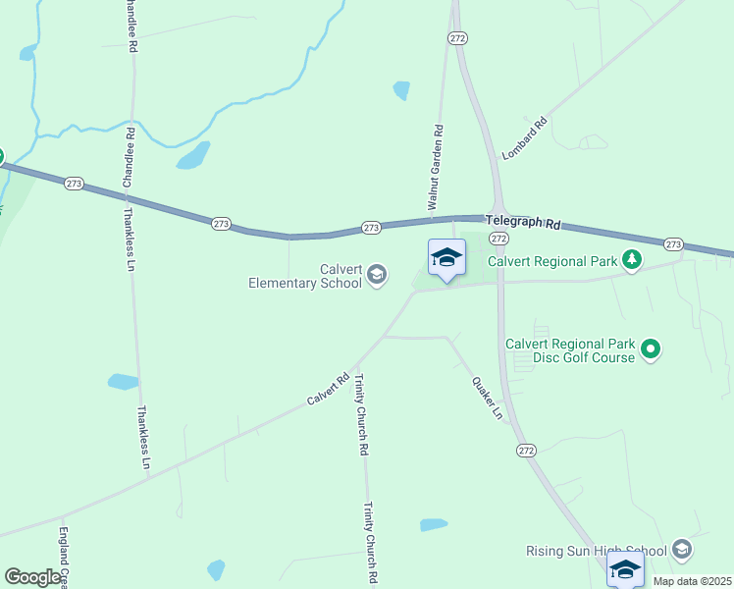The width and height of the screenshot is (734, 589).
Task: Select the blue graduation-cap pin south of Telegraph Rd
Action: [446, 258]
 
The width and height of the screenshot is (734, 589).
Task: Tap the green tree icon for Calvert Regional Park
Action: [633, 260]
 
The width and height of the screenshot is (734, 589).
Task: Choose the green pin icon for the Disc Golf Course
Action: [651, 348]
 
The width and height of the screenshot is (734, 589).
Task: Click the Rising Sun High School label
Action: [597, 550]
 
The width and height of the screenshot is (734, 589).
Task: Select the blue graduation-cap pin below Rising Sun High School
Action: [625, 568]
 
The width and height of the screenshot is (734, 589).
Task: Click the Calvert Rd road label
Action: [328, 389]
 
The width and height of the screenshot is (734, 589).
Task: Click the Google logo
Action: [32, 577]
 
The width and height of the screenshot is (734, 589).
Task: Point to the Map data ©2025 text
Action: [692, 580]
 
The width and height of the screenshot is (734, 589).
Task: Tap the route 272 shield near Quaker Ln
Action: [526, 450]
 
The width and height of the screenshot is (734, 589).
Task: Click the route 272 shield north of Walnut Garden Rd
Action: [457, 37]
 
